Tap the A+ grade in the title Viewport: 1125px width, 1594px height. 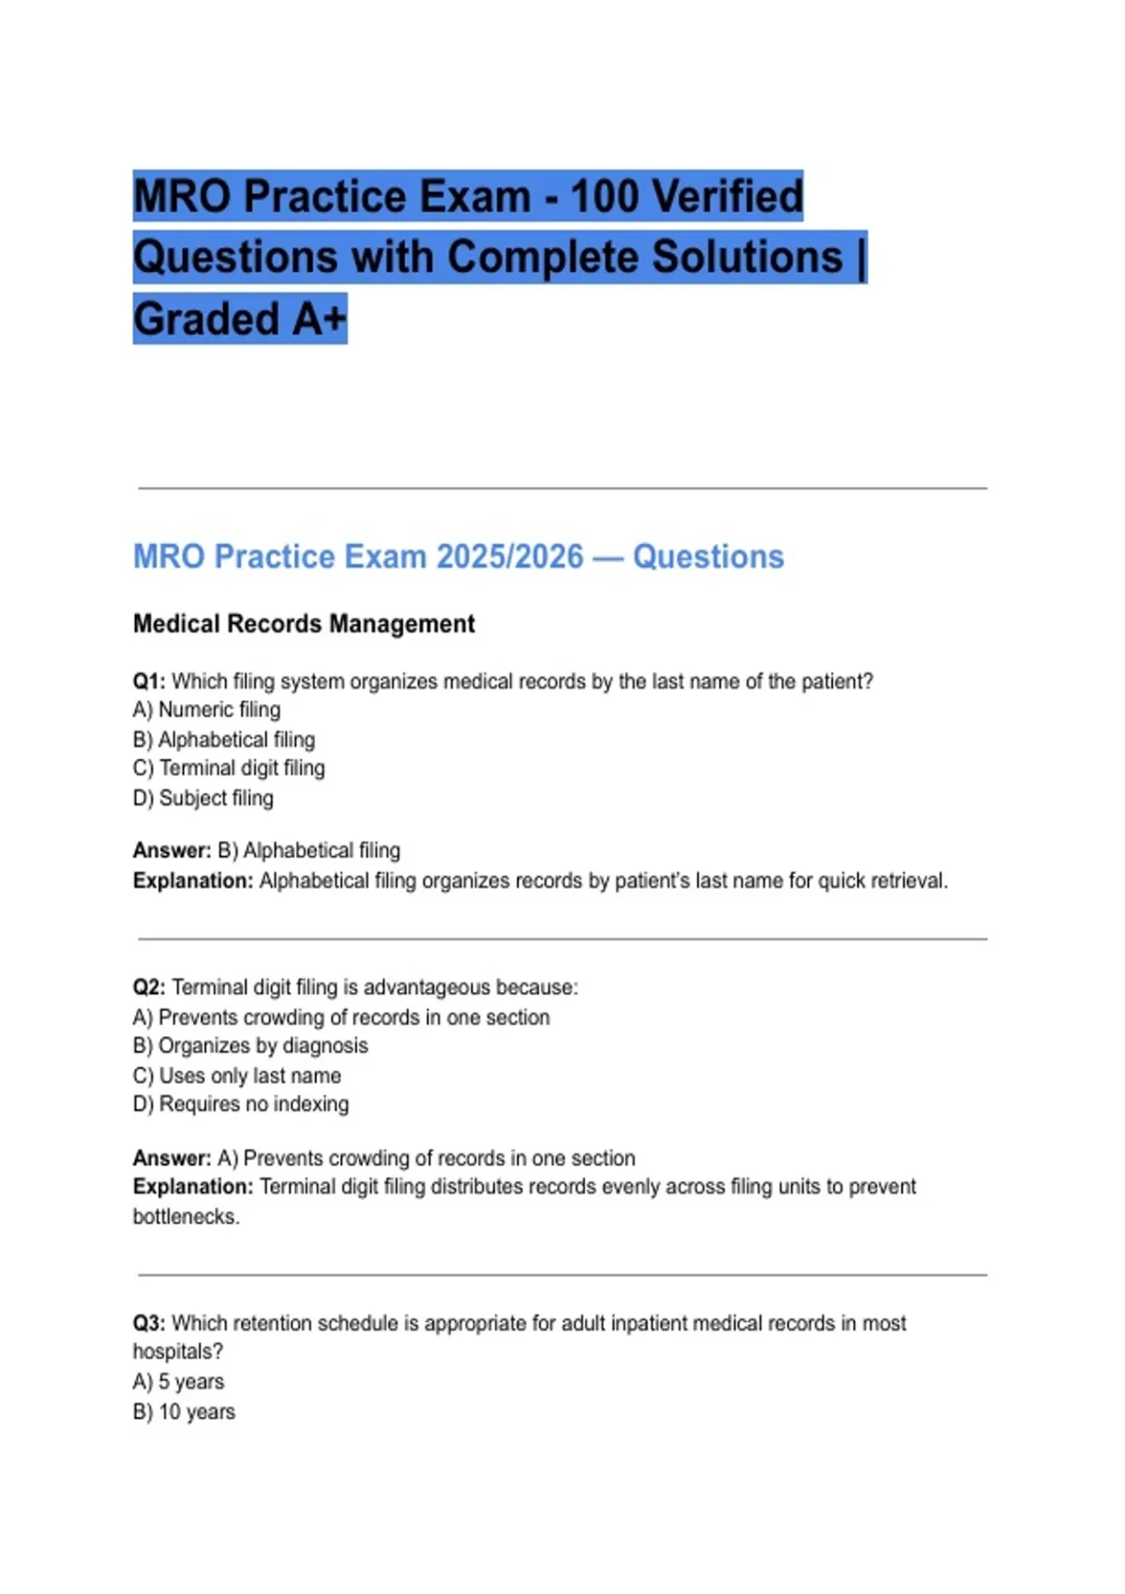pyautogui.click(x=319, y=319)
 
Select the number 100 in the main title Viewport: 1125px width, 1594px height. pyautogui.click(x=605, y=197)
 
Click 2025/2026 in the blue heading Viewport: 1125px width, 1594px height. pyautogui.click(x=510, y=556)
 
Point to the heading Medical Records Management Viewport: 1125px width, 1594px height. pyautogui.click(x=304, y=624)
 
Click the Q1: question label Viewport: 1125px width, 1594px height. pyautogui.click(x=149, y=682)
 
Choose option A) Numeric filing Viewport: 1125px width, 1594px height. pyautogui.click(x=206, y=710)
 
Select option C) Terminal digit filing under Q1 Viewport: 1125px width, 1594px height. pyautogui.click(x=229, y=768)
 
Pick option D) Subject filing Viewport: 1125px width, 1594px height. pyautogui.click(x=203, y=798)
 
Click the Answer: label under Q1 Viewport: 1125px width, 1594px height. pyautogui.click(x=172, y=850)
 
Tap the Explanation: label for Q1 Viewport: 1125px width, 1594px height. pyautogui.click(x=193, y=880)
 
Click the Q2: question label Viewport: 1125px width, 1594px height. pyautogui.click(x=149, y=987)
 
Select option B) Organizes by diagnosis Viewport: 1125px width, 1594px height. pyautogui.click(x=250, y=1045)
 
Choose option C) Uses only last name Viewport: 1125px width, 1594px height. pyautogui.click(x=237, y=1075)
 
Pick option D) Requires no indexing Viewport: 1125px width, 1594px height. pyautogui.click(x=241, y=1104)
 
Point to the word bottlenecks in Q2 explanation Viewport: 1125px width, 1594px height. pyautogui.click(x=186, y=1216)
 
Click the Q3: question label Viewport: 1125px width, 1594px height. pyautogui.click(x=149, y=1323)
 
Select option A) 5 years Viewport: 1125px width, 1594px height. pyautogui.click(x=178, y=1381)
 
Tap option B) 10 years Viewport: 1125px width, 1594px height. pyautogui.click(x=184, y=1411)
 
